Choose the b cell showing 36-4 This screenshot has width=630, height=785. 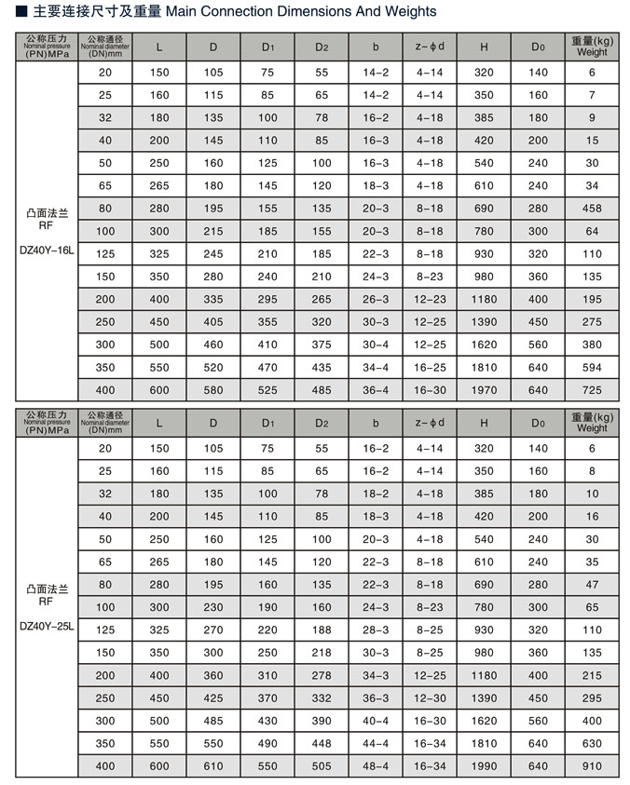tap(376, 390)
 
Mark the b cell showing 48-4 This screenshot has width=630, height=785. tap(376, 765)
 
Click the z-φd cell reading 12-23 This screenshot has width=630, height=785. tap(430, 299)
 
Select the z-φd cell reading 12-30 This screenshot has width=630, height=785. tap(430, 697)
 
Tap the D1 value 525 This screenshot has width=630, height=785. tap(267, 390)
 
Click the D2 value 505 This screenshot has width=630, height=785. tap(322, 765)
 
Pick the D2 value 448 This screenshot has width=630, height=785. tap(322, 743)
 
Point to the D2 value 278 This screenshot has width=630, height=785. tap(322, 675)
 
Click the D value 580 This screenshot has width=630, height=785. tap(213, 390)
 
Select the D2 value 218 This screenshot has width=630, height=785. tap(322, 652)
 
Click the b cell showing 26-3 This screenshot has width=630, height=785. tap(376, 299)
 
